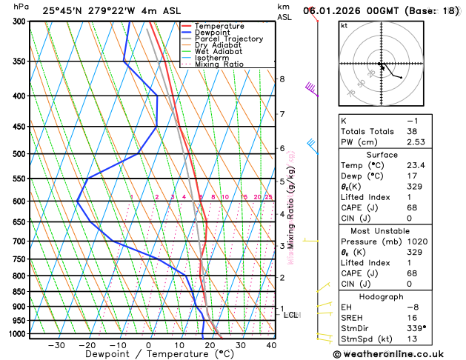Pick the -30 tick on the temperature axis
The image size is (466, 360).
coord(56,345)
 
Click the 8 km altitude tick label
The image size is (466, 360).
coord(282,79)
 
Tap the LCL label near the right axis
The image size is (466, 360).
coord(291,315)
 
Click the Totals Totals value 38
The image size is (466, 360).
coord(412,131)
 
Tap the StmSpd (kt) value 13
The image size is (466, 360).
coord(412,339)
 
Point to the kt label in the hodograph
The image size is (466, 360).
coord(344,25)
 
